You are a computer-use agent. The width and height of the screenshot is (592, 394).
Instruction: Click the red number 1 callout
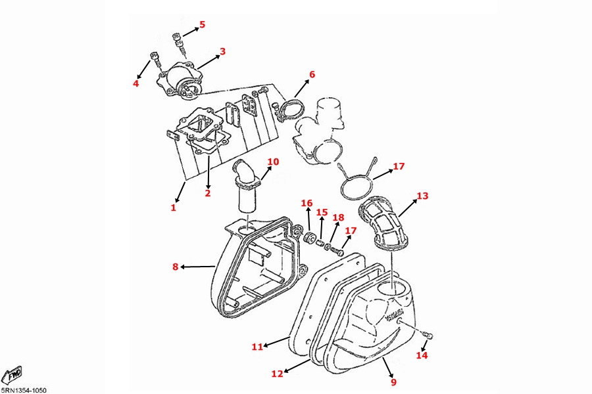point(174,208)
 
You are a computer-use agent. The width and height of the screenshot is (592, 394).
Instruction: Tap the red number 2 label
point(207,193)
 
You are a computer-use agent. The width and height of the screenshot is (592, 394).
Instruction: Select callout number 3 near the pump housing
point(222,51)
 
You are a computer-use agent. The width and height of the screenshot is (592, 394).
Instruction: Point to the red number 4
point(136,83)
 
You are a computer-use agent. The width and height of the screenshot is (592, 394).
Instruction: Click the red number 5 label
point(202,25)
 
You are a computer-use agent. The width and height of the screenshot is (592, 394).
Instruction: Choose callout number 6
point(312,75)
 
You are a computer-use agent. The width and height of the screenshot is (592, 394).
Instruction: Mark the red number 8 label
point(176,267)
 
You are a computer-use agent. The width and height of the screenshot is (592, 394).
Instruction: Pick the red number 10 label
point(273,162)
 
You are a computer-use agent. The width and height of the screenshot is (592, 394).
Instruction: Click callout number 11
point(257,346)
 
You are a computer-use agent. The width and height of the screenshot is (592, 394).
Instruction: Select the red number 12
point(277,374)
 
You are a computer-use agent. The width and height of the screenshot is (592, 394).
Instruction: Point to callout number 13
point(422,196)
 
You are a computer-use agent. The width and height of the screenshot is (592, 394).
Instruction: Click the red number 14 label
point(422,355)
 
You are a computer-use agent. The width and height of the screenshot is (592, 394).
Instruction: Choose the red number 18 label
point(338,217)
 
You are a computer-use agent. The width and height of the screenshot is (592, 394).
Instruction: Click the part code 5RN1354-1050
point(24,390)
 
